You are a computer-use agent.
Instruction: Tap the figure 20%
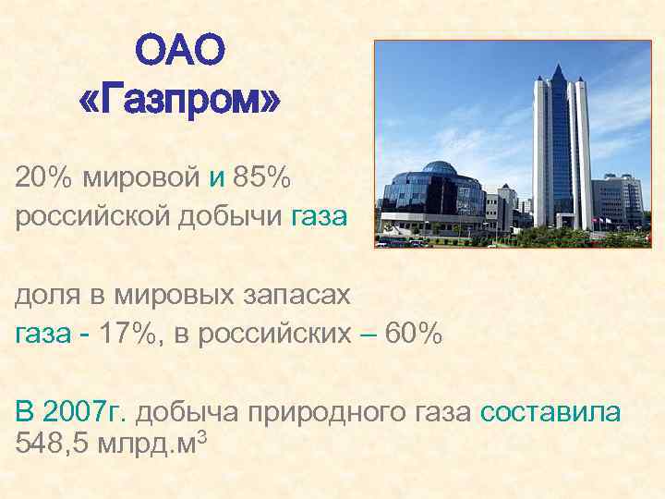43,175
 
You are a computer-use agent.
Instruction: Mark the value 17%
127,334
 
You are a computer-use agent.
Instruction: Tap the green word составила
550,411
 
